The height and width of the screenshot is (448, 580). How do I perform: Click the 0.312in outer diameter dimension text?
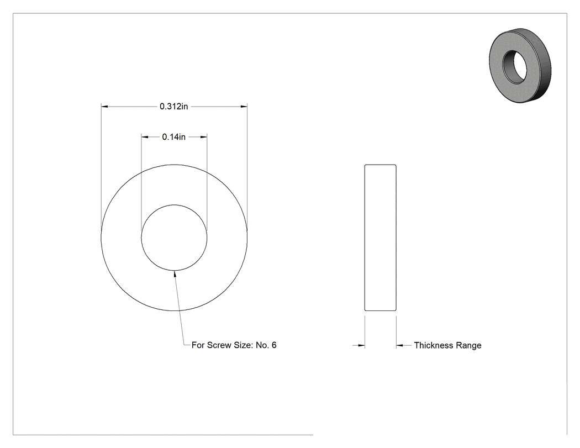tap(174, 107)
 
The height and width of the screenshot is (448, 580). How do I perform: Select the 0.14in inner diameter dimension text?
tap(174, 137)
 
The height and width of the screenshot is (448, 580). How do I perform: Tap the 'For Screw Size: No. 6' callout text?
tap(234, 345)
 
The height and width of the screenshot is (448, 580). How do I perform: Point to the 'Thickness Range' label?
tap(447, 345)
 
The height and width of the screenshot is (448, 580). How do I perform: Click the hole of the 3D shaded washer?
tap(514, 66)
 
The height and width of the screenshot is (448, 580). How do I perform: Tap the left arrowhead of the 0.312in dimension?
tap(104, 107)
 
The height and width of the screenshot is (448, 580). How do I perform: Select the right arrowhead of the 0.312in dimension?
tap(244, 107)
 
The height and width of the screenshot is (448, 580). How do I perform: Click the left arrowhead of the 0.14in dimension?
tap(145, 137)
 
